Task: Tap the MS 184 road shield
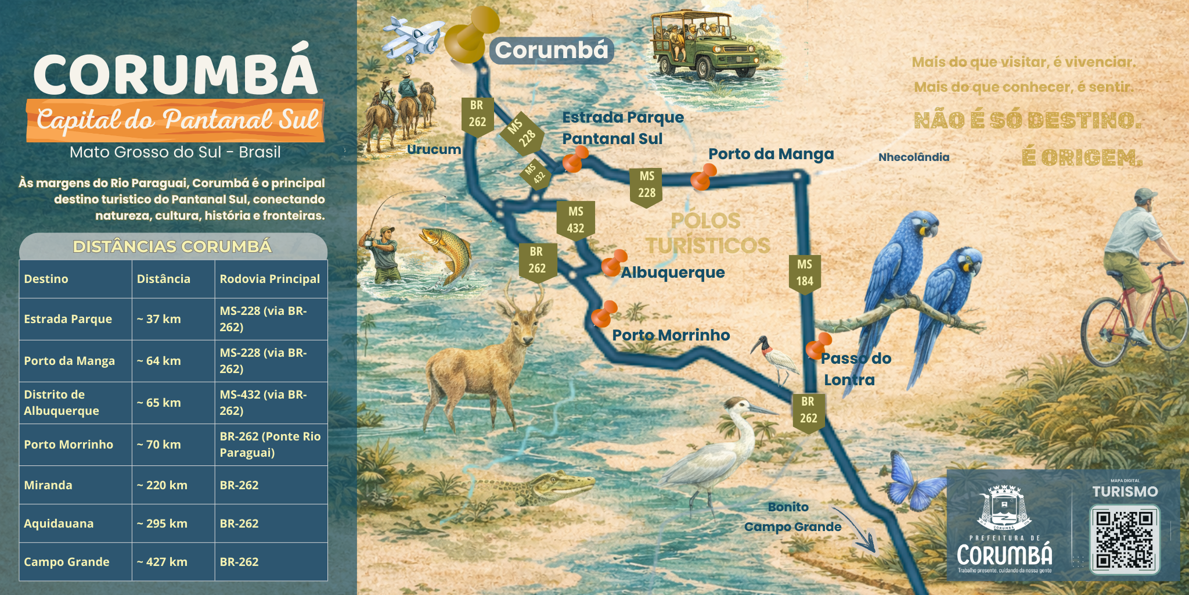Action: pyautogui.click(x=805, y=273)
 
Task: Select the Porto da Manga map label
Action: pyautogui.click(x=771, y=154)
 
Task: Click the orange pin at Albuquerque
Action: pyautogui.click(x=613, y=263)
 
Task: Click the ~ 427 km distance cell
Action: pyautogui.click(x=172, y=562)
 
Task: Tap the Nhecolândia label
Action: pyautogui.click(x=914, y=157)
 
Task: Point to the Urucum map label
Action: pyautogui.click(x=434, y=149)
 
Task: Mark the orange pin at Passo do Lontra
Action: pyautogui.click(x=819, y=346)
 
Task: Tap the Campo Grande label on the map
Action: pyautogui.click(x=792, y=527)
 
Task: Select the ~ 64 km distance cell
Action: pyautogui.click(x=172, y=361)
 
